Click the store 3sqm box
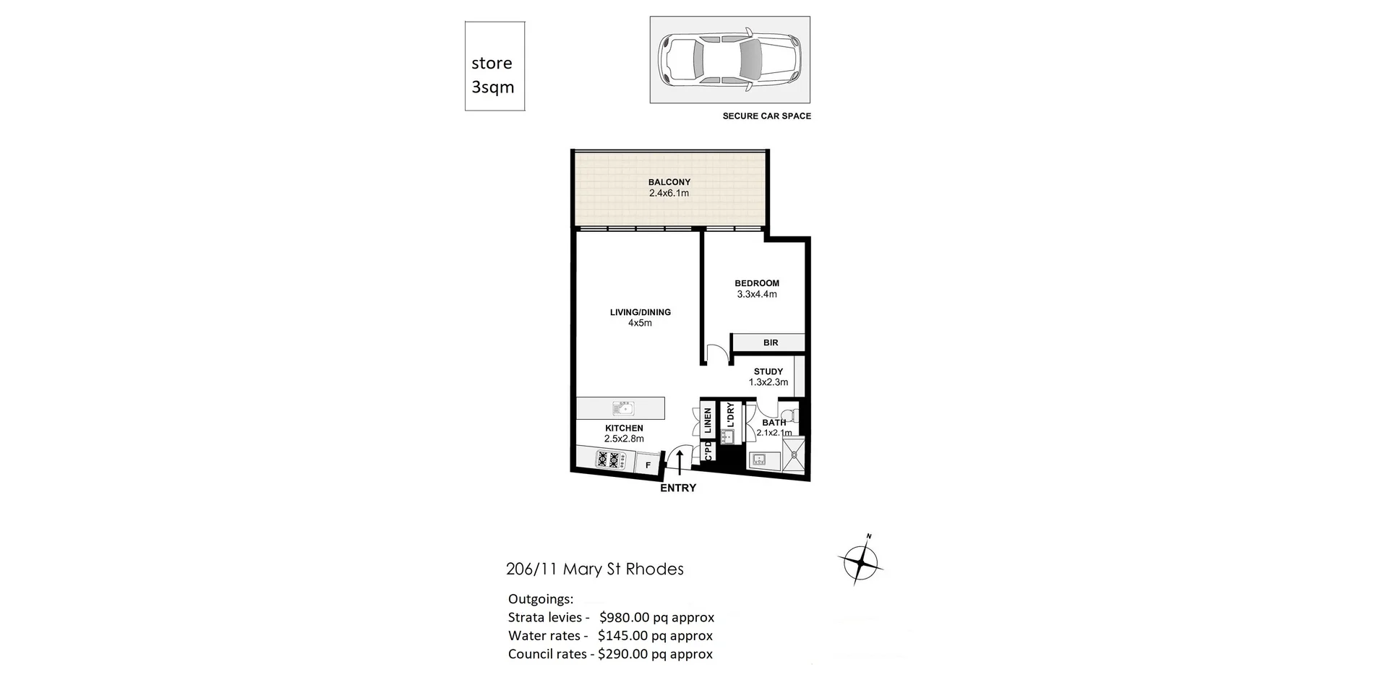[x=494, y=66]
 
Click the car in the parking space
[x=729, y=59]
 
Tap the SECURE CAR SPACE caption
[x=766, y=116]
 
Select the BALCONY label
[x=669, y=182]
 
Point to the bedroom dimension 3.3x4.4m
[x=756, y=295]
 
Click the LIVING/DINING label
[x=640, y=312]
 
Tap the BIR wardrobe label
[x=770, y=342]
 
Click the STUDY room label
[x=768, y=371]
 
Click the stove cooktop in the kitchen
[x=608, y=459]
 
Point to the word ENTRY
[x=677, y=488]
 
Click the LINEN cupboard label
[x=708, y=420]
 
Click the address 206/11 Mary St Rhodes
[x=594, y=569]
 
